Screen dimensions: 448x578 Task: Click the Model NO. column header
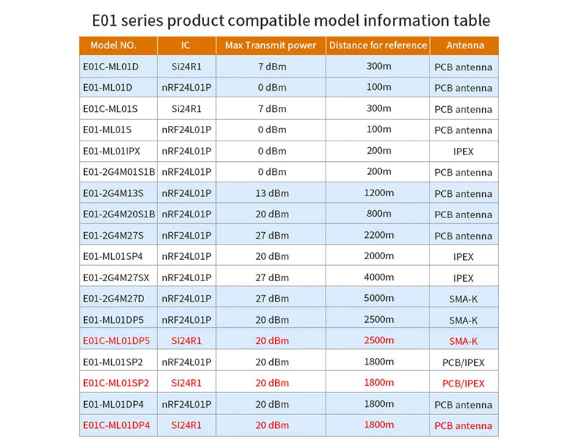coord(113,45)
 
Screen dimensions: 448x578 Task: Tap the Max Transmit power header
coord(271,45)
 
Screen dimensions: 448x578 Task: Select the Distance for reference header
coord(378,45)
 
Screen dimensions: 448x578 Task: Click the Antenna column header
coord(465,45)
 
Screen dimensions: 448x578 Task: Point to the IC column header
coord(186,45)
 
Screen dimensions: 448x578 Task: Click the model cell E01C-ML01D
coord(110,67)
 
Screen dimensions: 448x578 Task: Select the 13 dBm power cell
coord(272,193)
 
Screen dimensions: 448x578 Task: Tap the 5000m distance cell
coord(379,298)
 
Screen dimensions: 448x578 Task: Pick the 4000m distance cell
coord(379,277)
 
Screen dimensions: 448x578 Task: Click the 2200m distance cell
coord(379,235)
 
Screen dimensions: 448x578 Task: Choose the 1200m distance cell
coord(379,193)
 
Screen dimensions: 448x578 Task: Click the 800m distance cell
coord(379,214)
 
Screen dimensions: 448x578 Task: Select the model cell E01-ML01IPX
coord(111,151)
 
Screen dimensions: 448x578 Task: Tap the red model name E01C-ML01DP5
coord(116,340)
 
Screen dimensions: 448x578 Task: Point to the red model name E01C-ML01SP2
coord(116,383)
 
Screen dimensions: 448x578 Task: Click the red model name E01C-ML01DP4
coord(116,425)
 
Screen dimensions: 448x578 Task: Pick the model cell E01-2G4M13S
coord(113,193)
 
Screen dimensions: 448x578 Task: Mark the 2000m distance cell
coord(379,256)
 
